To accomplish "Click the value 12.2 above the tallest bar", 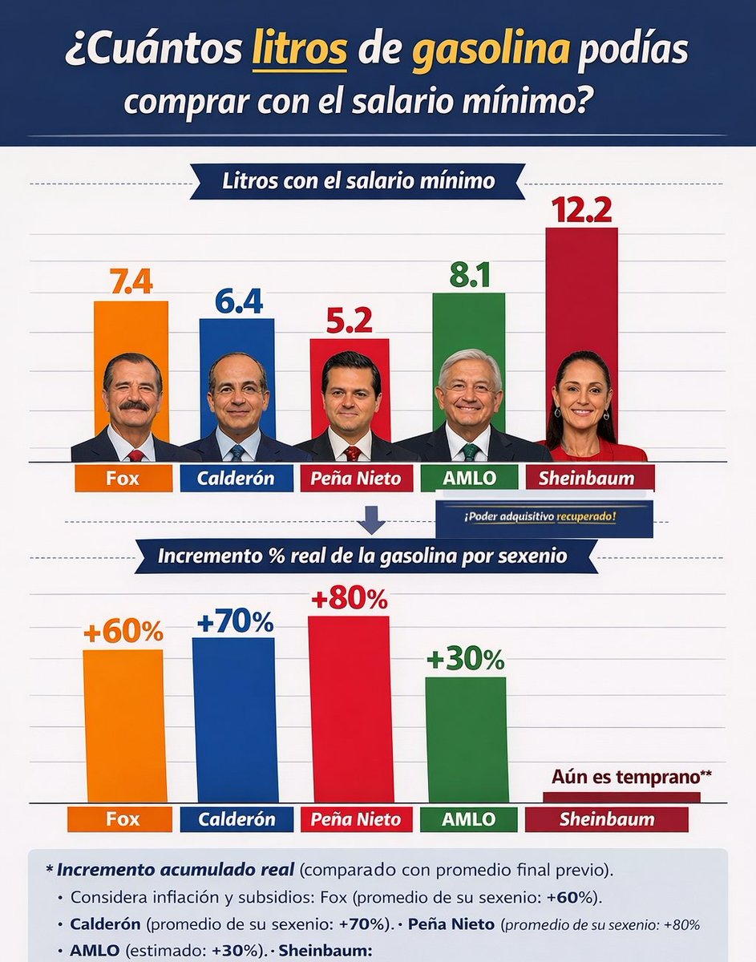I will (581, 209).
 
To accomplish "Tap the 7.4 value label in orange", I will (131, 283).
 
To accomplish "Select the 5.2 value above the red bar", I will (350, 321).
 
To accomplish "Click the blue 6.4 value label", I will (238, 301).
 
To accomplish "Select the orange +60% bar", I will (124, 725).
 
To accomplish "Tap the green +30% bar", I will (467, 738).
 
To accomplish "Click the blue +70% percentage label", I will (233, 621).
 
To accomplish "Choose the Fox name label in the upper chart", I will (123, 479).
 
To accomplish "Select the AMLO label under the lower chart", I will (468, 819).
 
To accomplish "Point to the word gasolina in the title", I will (491, 51).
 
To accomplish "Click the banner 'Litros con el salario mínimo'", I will (358, 181).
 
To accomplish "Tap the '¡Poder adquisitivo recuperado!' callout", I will (544, 518).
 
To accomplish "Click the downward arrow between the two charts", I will (370, 522).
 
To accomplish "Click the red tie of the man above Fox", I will (136, 455).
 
